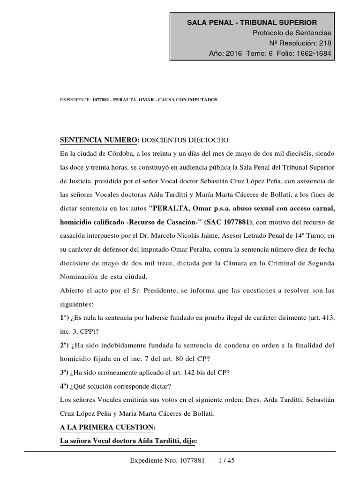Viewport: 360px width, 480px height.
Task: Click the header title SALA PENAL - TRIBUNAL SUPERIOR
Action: (x=252, y=22)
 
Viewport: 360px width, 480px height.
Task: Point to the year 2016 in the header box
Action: (x=233, y=53)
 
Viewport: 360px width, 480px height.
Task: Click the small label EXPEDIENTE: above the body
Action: (x=75, y=100)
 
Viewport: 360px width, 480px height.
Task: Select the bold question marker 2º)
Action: (x=65, y=345)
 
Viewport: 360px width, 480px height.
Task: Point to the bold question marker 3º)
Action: (x=65, y=373)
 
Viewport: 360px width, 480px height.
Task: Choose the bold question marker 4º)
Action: (x=65, y=386)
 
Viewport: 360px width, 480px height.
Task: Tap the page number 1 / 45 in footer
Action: (x=225, y=460)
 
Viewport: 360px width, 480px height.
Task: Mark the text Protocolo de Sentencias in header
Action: (x=292, y=33)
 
